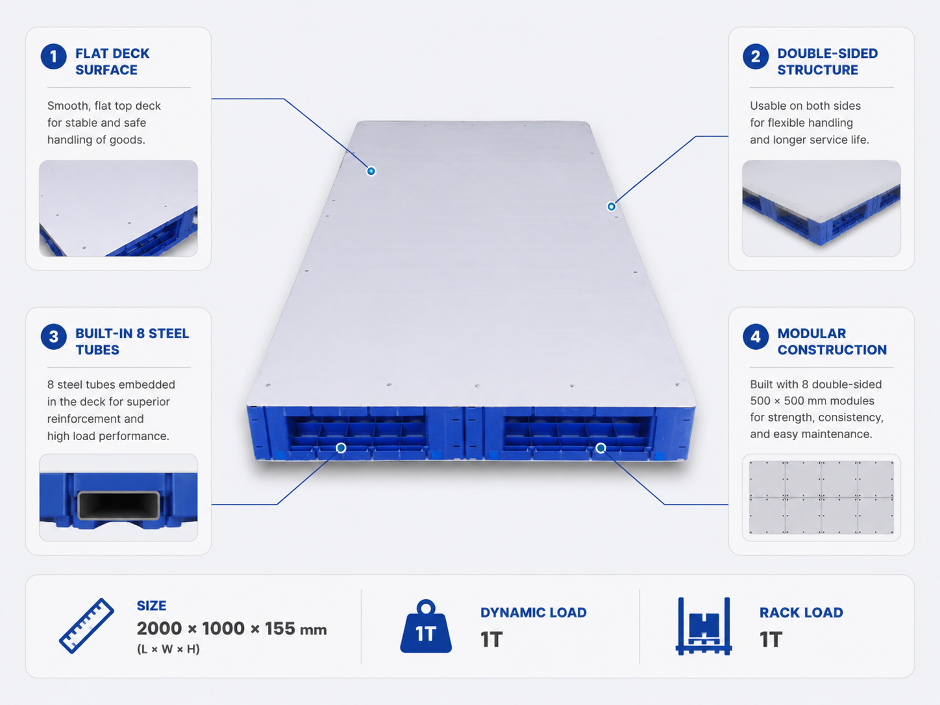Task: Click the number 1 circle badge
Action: [53, 56]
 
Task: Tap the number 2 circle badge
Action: [756, 56]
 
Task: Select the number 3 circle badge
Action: [53, 336]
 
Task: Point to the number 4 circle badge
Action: [756, 336]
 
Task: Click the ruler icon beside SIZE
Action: [86, 625]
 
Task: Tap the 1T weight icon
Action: [426, 626]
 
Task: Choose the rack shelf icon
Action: [704, 626]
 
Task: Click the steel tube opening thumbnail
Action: [119, 498]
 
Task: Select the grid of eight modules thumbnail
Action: [821, 498]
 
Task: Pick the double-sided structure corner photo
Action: [821, 208]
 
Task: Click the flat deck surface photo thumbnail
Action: [119, 208]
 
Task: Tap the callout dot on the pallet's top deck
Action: [371, 171]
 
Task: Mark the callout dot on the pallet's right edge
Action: [612, 206]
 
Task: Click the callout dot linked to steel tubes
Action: [341, 448]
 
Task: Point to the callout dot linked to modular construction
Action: [601, 448]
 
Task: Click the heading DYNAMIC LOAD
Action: [533, 613]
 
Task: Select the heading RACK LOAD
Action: [801, 613]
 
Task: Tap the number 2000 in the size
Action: [159, 628]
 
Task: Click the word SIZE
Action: [152, 606]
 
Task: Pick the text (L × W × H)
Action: [168, 649]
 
